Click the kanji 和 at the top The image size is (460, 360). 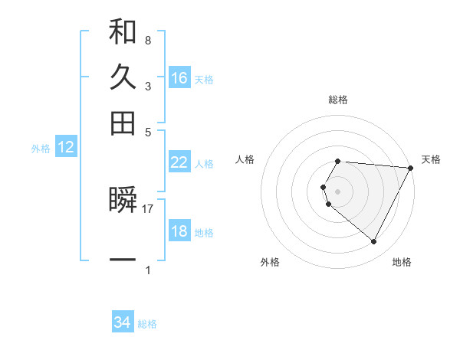[123, 34]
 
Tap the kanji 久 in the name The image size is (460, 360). [123, 78]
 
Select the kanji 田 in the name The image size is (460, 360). [123, 123]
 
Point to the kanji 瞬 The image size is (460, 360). [123, 201]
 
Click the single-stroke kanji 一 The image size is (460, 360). [123, 260]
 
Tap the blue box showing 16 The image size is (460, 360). [179, 78]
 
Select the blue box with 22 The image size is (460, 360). [179, 162]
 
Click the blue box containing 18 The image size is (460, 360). [179, 231]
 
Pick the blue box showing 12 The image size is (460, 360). [66, 148]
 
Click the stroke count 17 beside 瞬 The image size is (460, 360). [148, 208]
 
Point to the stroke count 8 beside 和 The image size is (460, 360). [148, 40]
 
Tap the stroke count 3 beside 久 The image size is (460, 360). [148, 86]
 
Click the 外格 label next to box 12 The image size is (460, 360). [41, 149]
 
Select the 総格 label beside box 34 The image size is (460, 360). [147, 324]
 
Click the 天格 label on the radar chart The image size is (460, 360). [431, 159]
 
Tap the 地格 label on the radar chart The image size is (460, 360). [402, 262]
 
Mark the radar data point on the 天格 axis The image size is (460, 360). [411, 168]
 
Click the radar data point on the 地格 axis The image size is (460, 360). [374, 242]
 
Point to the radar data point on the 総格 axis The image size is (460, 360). [338, 161]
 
